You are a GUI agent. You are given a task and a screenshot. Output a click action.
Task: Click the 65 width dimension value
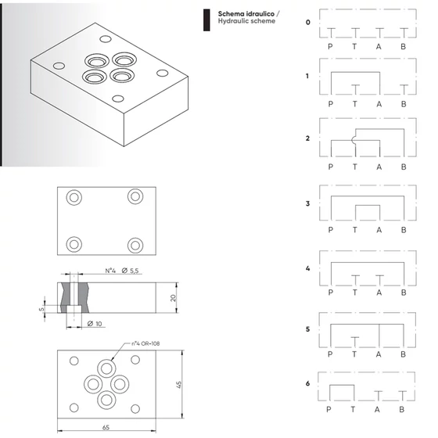106,427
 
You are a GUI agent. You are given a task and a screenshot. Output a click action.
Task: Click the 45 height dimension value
179,384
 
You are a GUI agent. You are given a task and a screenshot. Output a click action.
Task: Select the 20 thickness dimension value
173,298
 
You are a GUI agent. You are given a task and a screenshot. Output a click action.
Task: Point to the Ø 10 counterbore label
95,324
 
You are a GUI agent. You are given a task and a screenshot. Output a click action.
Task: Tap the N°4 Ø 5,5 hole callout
122,271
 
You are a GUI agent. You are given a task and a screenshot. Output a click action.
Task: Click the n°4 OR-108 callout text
145,343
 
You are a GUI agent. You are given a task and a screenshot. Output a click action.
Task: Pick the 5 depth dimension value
41,309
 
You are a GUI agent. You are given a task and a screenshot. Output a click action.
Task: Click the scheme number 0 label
308,23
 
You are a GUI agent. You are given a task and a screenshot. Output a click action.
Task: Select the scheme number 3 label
307,203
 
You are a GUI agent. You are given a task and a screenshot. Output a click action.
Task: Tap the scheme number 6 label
307,383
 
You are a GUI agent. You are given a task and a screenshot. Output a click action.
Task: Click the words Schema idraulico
246,14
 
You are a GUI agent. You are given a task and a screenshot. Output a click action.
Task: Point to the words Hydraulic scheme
246,21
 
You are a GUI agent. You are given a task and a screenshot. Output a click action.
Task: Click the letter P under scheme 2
331,167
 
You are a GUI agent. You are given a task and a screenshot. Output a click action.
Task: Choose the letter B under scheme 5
403,354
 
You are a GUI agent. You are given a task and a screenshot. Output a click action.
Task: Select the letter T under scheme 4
355,293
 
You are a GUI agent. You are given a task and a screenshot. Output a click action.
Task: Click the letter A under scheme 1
379,104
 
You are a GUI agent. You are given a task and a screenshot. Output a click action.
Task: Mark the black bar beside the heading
206,20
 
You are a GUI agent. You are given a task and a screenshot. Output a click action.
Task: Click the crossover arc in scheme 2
353,140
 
